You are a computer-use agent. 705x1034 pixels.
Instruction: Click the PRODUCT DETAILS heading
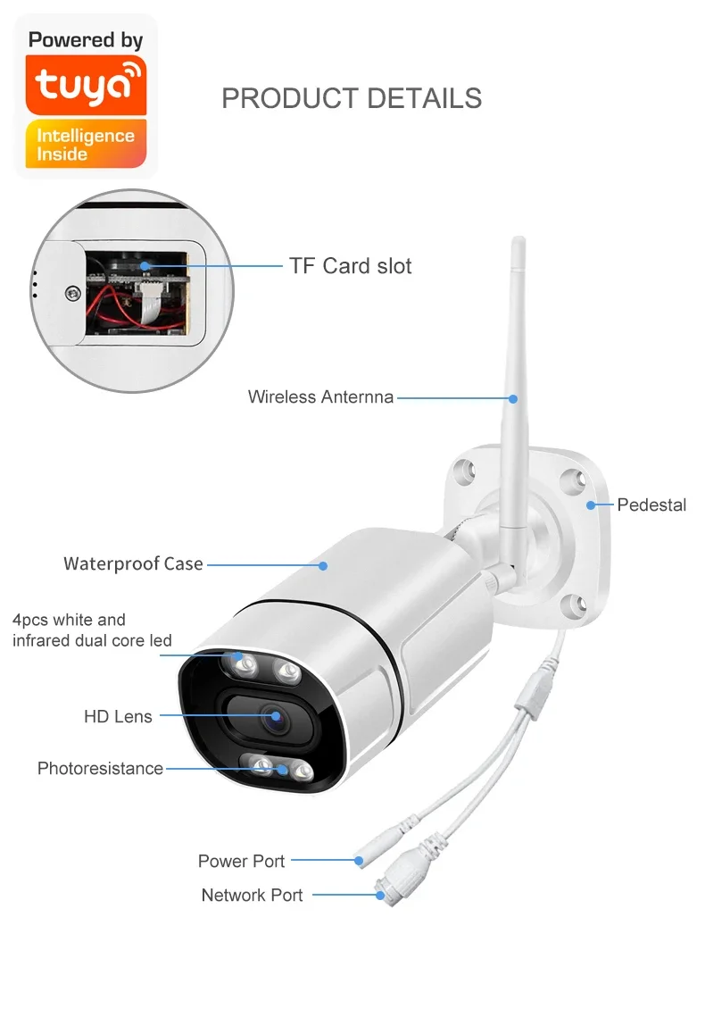(352, 98)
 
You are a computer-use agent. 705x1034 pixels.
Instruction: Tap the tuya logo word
(86, 84)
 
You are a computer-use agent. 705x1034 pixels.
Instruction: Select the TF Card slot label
(350, 266)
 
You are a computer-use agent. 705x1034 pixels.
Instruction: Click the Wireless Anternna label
(320, 397)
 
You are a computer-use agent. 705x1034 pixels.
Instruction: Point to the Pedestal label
(651, 505)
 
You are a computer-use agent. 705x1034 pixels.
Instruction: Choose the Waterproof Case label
(133, 564)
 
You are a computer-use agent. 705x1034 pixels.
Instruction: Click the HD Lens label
(118, 716)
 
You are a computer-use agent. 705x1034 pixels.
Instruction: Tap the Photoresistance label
(100, 769)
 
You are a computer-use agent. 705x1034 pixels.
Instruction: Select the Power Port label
(241, 862)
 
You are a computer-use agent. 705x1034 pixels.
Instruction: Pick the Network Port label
(252, 896)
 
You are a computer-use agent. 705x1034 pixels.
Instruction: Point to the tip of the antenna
(518, 241)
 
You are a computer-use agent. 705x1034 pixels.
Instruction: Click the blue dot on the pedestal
(591, 505)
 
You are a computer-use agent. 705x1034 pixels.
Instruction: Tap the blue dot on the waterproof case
(323, 565)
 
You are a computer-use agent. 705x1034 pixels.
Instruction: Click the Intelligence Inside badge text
(85, 145)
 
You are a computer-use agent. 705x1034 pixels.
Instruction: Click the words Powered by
(86, 40)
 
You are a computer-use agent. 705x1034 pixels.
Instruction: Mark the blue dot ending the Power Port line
(359, 862)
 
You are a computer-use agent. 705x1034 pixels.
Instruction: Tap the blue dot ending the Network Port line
(378, 895)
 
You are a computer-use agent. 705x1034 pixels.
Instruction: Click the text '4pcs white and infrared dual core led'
(92, 630)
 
